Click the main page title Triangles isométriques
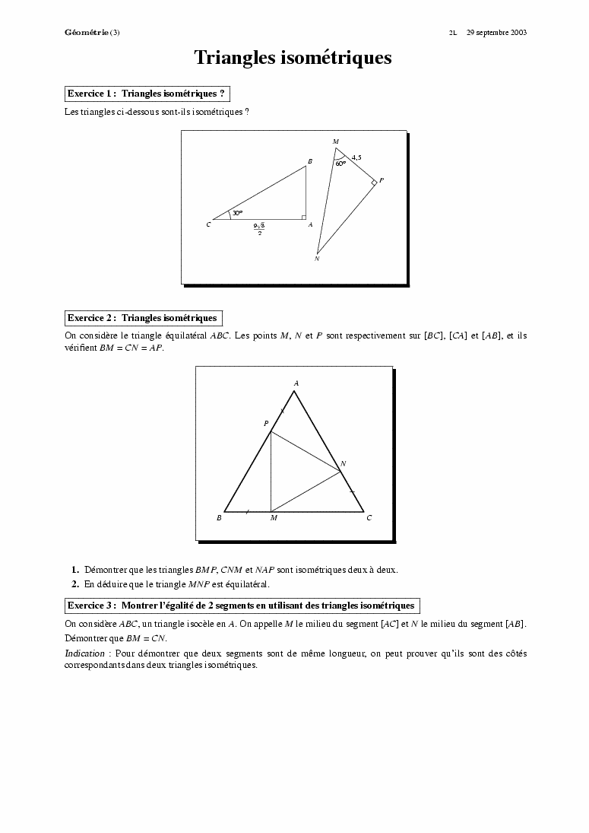click(x=293, y=58)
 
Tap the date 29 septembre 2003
click(x=496, y=33)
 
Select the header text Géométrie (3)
click(x=92, y=33)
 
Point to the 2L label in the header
click(x=452, y=33)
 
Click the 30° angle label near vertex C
click(x=238, y=213)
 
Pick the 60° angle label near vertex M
click(x=340, y=163)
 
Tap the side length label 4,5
click(x=356, y=157)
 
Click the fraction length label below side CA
click(x=259, y=229)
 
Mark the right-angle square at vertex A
click(x=303, y=217)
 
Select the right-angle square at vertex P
click(x=374, y=183)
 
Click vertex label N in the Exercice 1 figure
click(x=316, y=259)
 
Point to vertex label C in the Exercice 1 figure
click(x=208, y=225)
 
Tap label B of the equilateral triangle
click(x=219, y=518)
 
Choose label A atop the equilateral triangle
click(x=296, y=383)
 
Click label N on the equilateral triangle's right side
click(x=343, y=463)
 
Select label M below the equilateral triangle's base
click(x=274, y=518)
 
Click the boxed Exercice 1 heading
click(x=147, y=94)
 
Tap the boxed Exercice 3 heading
click(x=242, y=606)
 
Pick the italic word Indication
click(x=84, y=653)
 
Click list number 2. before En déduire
click(x=75, y=584)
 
